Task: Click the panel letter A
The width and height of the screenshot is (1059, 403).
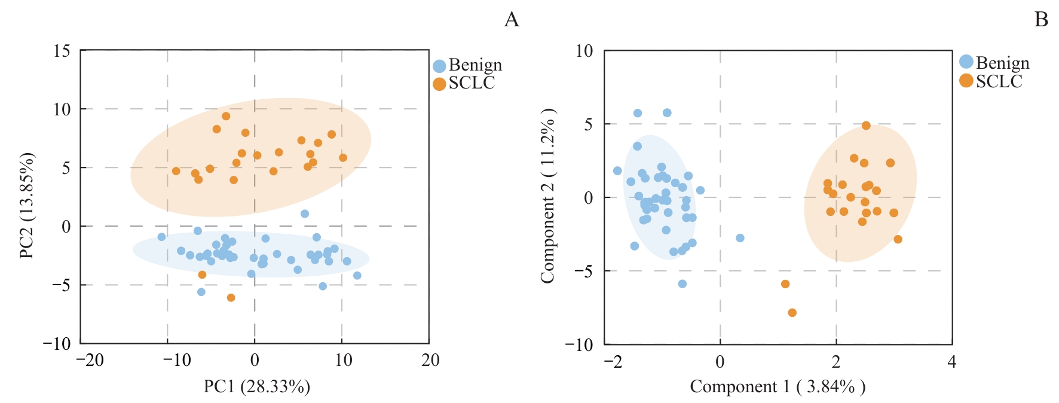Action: point(512,20)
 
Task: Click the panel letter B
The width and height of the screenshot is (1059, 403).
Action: point(1041,20)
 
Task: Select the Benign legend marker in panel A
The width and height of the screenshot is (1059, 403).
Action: point(439,66)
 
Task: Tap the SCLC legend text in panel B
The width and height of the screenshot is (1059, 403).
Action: point(999,81)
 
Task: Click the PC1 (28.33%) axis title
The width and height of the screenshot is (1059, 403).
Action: point(257,387)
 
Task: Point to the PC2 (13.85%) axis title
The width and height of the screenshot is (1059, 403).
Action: point(27,206)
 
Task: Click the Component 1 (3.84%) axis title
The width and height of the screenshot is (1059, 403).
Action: point(778,387)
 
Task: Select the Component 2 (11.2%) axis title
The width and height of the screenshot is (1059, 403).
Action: point(548,196)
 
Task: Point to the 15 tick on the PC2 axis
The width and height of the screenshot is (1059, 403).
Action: point(62,51)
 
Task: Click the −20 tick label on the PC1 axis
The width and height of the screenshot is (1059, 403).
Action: point(90,360)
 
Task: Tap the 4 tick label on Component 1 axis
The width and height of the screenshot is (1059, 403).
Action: point(951,362)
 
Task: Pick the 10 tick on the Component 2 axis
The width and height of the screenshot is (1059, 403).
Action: point(584,51)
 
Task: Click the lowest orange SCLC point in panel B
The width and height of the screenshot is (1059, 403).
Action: point(792,313)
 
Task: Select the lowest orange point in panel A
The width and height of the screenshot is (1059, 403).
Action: point(231,298)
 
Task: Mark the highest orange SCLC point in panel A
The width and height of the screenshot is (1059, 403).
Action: point(226,116)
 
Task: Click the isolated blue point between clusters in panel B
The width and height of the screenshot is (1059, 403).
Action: point(740,238)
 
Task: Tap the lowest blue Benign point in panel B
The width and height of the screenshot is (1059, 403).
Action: point(682,284)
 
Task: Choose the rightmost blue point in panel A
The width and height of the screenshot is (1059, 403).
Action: point(357,276)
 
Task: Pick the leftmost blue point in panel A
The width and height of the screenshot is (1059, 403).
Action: point(161,237)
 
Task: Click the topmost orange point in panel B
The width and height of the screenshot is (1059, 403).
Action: point(866,126)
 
